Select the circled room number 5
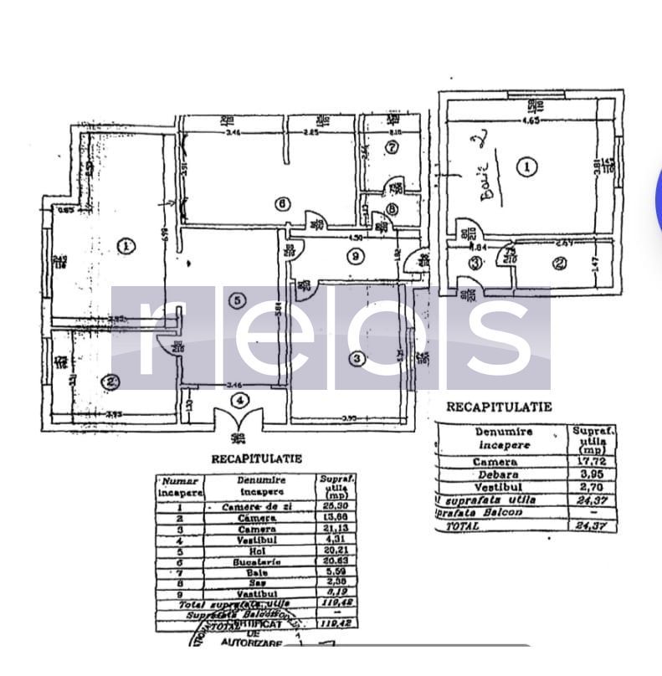coord(239,300)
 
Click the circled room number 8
coord(392,209)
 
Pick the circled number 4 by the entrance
coord(241,401)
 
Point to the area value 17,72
coord(593,462)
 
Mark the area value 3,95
coord(593,474)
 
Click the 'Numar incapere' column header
coord(179,485)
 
